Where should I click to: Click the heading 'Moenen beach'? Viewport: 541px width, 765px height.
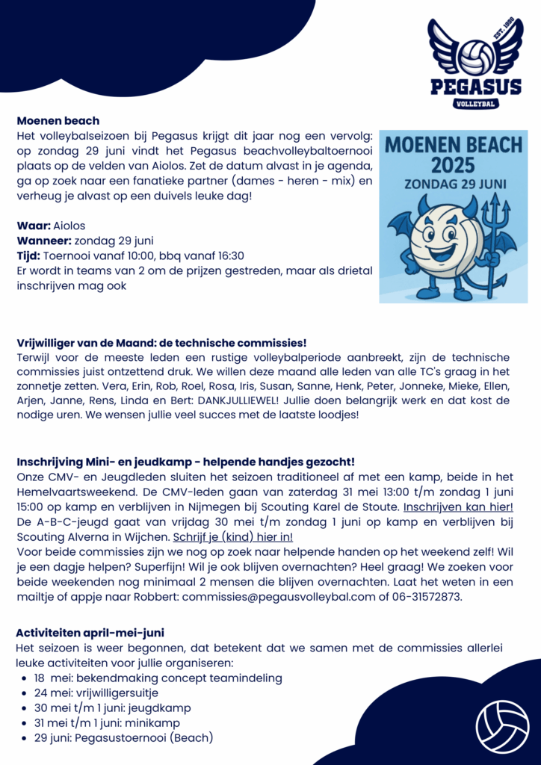click(x=58, y=120)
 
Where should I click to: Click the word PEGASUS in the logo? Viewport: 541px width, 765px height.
click(x=475, y=87)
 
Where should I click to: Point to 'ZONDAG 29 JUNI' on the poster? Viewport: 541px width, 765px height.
click(x=453, y=182)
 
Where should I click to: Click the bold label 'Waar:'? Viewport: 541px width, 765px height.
click(x=34, y=226)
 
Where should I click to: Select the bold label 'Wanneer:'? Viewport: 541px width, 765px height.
click(x=44, y=241)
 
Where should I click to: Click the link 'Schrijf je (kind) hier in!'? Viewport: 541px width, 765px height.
click(x=233, y=536)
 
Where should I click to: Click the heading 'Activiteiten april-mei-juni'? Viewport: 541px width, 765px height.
click(x=90, y=633)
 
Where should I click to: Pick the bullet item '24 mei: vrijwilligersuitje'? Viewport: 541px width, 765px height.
click(x=96, y=693)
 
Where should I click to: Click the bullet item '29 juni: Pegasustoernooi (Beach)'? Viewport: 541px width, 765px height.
click(x=123, y=737)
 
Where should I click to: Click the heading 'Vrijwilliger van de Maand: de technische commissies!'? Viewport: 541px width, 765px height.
click(x=161, y=343)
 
